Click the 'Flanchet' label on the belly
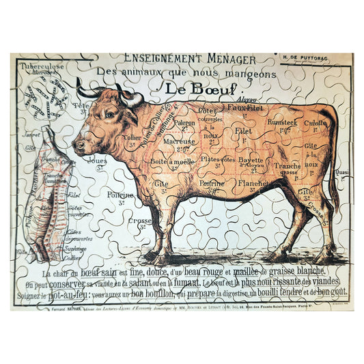pos(253,183)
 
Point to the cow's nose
pos(77,145)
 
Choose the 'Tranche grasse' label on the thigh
pos(287,168)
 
